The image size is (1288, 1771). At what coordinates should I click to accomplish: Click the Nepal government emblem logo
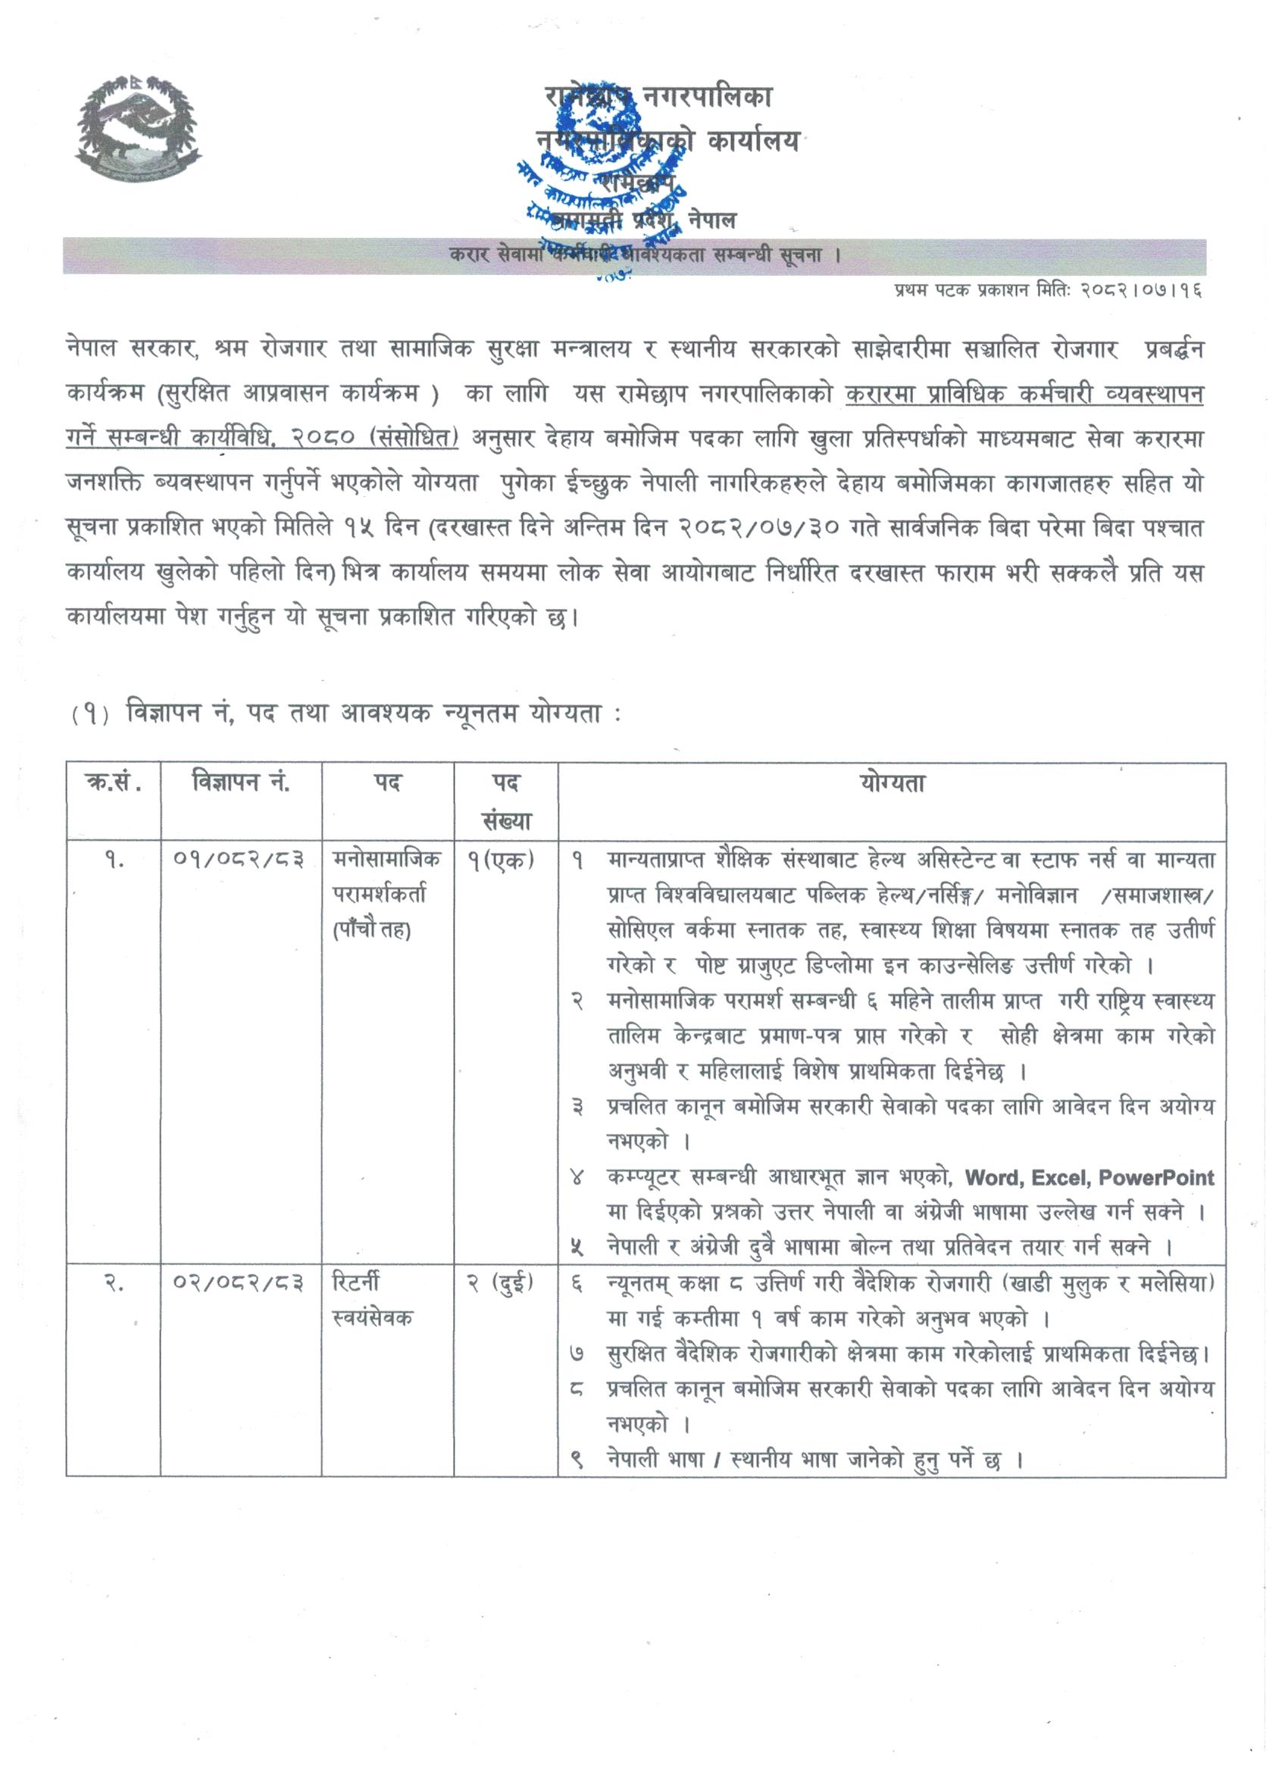point(138,128)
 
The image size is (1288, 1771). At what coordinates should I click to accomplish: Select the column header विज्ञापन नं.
point(241,782)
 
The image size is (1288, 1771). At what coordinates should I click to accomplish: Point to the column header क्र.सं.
point(112,782)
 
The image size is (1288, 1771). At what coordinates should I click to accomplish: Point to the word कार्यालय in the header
point(753,142)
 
